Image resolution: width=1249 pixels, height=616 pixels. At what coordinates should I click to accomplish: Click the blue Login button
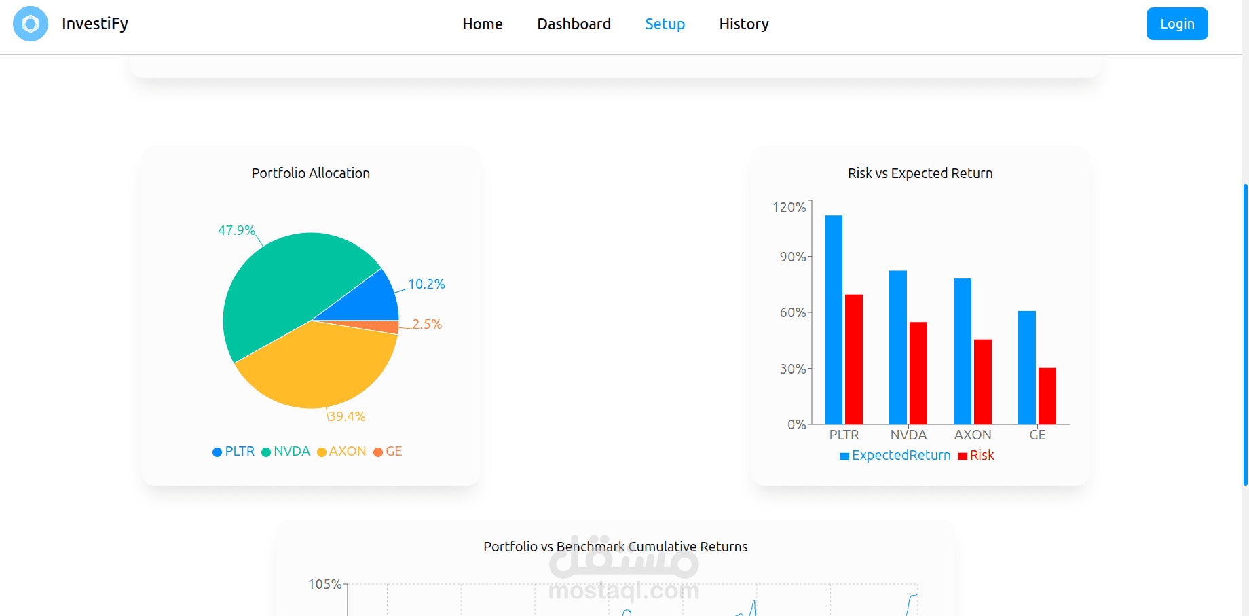coord(1176,24)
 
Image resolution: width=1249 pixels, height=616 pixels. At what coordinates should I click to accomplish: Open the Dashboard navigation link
coord(574,24)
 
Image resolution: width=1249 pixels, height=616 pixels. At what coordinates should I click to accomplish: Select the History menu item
coord(743,24)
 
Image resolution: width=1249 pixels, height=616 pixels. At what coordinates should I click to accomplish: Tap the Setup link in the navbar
coord(665,24)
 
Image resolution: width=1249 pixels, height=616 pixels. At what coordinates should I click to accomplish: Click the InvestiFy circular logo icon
coord(31,24)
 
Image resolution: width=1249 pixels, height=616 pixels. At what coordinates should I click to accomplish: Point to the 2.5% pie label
coord(427,324)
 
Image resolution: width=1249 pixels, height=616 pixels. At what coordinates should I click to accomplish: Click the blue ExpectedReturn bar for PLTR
coord(833,319)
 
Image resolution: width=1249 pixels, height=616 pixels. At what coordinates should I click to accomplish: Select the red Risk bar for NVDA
coord(918,373)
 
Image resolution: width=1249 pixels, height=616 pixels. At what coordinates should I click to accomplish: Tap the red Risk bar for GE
coord(1047,396)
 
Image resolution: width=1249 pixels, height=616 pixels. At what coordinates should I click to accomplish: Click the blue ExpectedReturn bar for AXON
coord(962,351)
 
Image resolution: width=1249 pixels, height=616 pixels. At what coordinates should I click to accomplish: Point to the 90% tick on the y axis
coord(792,257)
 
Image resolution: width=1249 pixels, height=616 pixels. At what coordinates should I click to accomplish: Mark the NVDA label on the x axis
coord(908,435)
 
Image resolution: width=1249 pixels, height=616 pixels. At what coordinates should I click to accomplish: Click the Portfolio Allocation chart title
coord(310,173)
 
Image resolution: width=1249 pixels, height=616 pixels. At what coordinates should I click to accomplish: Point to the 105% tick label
coord(324,584)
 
